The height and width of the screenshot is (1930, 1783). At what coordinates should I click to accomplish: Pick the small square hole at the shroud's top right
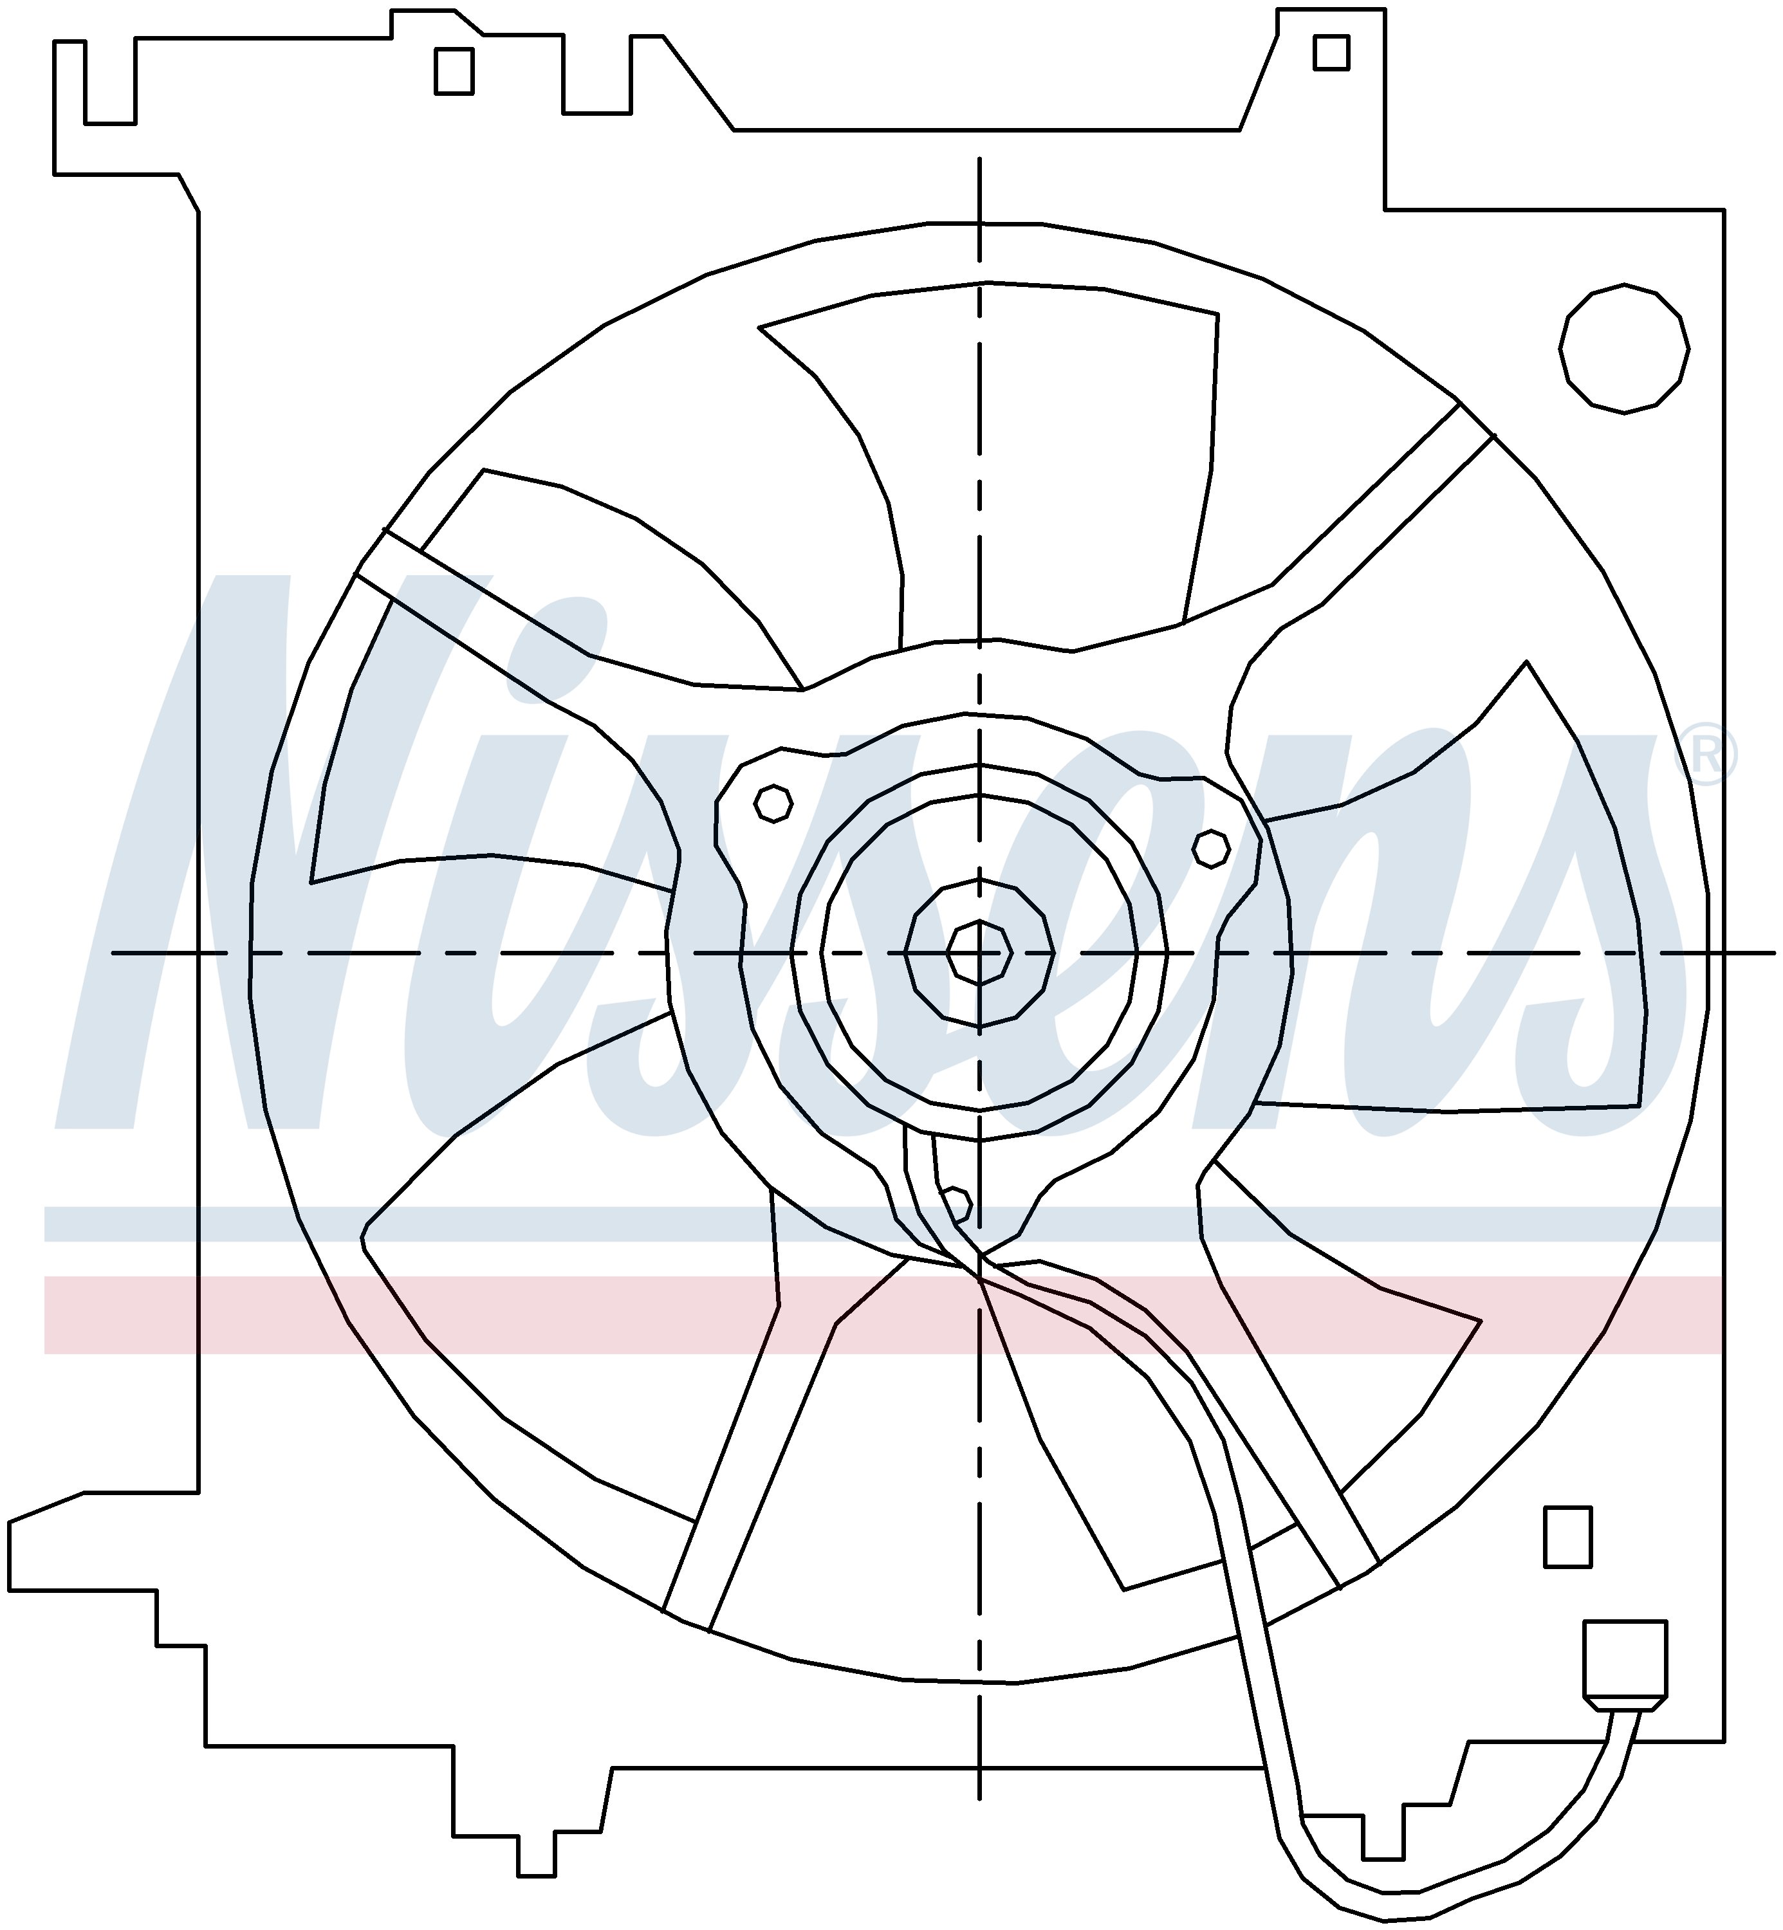click(x=1331, y=52)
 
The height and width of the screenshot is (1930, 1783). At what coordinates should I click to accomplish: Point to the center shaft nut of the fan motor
click(x=979, y=953)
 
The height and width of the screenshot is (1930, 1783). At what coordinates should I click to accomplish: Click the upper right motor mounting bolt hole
click(x=1211, y=849)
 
